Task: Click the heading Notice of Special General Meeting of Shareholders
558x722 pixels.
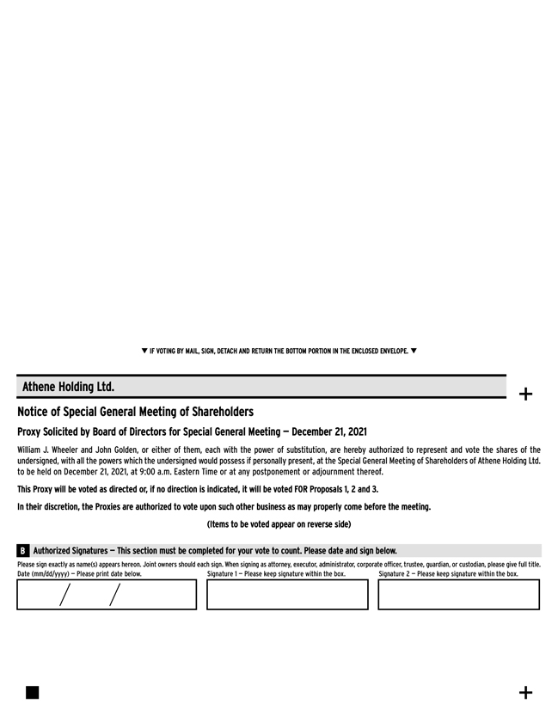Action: [135, 413]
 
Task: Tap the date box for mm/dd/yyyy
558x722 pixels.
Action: [107, 595]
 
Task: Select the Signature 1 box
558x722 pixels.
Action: [287, 595]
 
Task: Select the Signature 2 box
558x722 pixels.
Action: [458, 595]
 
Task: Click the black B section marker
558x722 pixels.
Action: [22, 550]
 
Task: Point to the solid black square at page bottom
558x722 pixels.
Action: [32, 693]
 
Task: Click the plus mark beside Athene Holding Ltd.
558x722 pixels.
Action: [526, 395]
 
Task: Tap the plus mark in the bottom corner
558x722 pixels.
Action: [526, 693]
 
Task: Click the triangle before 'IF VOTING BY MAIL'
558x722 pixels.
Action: [144, 351]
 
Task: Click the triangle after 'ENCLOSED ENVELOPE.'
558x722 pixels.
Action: [414, 351]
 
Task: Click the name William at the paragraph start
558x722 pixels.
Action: [31, 450]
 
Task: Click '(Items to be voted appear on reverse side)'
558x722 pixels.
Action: [279, 524]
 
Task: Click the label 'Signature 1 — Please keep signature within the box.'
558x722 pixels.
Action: [276, 574]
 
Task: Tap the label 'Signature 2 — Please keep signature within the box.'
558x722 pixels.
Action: [448, 574]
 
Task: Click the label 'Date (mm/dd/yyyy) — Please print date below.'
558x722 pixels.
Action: [79, 574]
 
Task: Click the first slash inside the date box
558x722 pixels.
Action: [64, 595]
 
